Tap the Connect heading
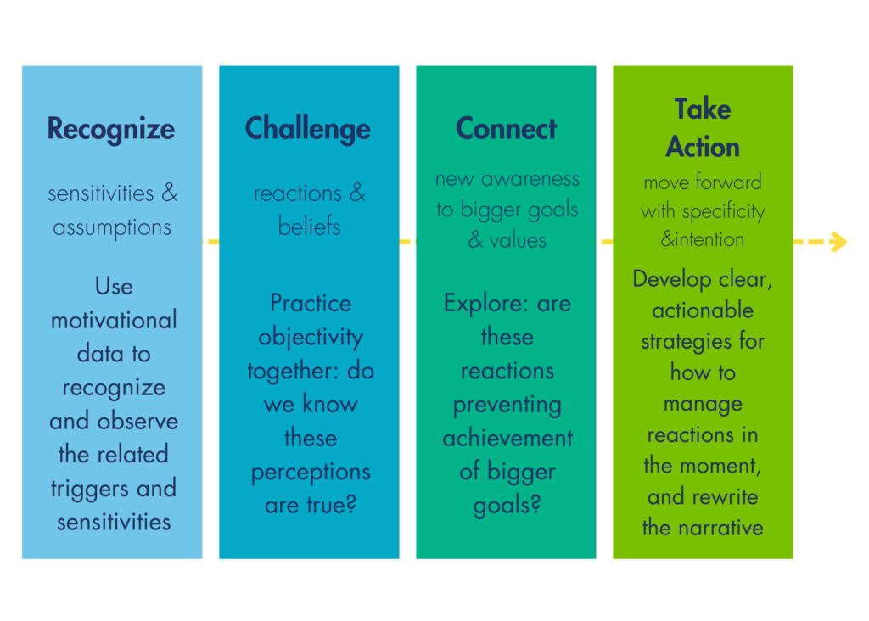tap(506, 128)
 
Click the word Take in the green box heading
tap(702, 109)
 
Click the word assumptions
tap(112, 227)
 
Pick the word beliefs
tap(309, 226)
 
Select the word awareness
tap(530, 179)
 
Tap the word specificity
tap(723, 211)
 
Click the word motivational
tap(114, 320)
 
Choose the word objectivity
tap(311, 338)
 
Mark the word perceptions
tap(311, 473)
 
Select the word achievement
tap(507, 439)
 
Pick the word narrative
tap(720, 528)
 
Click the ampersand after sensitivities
tap(170, 193)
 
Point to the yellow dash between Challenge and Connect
tap(407, 242)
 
